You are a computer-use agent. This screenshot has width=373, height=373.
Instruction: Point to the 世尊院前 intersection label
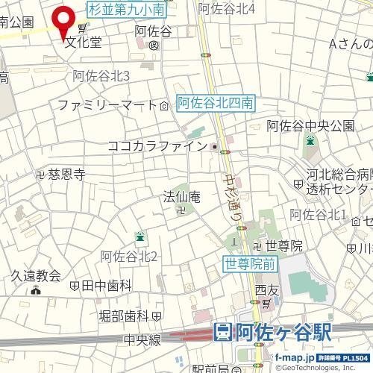coord(250,263)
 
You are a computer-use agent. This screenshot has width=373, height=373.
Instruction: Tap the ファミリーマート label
coord(106,105)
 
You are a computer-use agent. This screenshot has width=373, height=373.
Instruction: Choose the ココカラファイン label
coord(157,146)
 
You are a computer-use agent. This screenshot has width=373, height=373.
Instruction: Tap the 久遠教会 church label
coord(35,275)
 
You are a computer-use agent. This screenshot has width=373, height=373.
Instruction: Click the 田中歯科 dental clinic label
coord(106,286)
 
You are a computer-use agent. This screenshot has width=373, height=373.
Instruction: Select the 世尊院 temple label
coord(284,245)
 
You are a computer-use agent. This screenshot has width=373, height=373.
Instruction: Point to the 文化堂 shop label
coord(82,42)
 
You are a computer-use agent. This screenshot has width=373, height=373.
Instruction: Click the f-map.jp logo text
coord(295,360)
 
